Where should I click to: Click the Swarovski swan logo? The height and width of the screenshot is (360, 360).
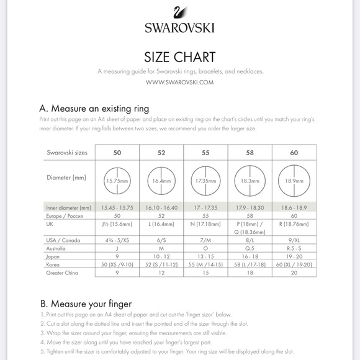(179, 14)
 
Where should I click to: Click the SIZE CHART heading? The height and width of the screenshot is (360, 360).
(180, 57)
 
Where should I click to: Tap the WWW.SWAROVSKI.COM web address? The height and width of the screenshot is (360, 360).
(180, 81)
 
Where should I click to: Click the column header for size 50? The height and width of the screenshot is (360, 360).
(117, 151)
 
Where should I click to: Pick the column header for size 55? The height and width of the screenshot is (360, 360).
(205, 151)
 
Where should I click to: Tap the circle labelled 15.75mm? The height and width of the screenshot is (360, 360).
(117, 181)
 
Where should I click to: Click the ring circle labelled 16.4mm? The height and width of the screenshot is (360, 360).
(161, 181)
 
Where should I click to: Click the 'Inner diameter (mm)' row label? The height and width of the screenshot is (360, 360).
(69, 207)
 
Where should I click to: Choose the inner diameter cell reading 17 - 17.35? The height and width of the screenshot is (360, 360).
(205, 207)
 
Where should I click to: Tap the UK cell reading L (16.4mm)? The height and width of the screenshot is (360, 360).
(161, 223)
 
